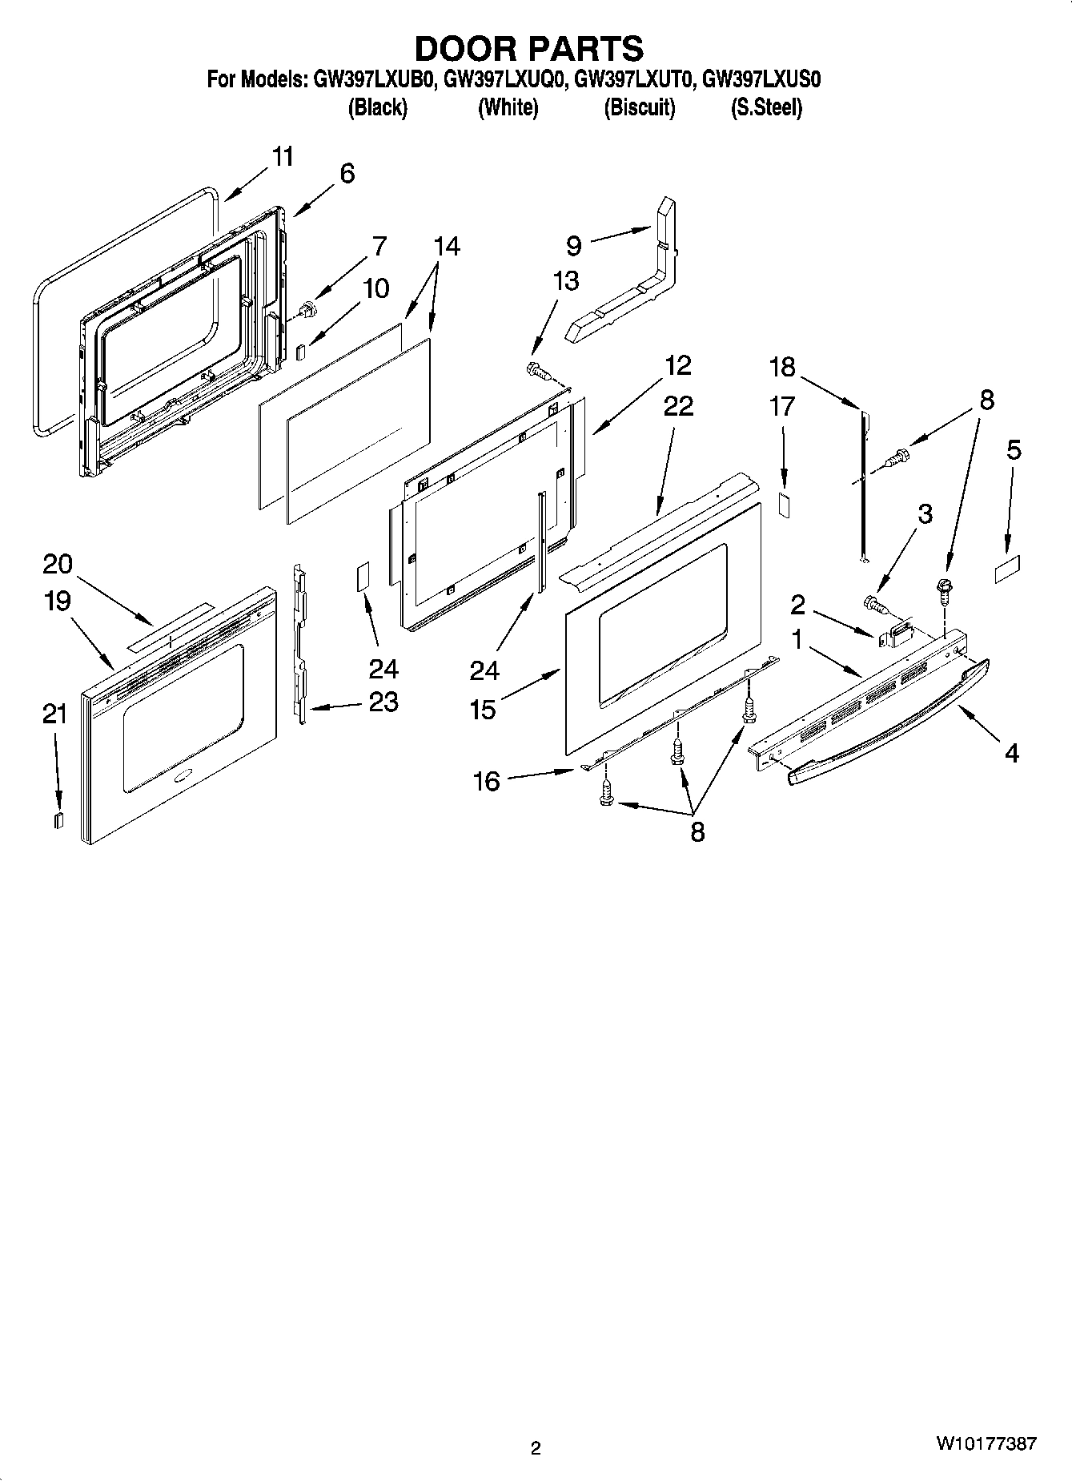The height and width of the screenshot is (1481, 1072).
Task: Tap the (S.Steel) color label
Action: click(765, 107)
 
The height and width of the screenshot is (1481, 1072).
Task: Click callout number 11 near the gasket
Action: click(282, 156)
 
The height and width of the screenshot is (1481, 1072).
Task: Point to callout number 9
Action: click(573, 243)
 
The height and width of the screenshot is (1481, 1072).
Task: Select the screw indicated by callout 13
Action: click(537, 370)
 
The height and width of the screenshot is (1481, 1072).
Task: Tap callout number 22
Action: click(678, 406)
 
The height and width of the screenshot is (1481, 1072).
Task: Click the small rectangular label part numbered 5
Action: click(1007, 573)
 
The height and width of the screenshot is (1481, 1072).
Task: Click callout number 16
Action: click(486, 780)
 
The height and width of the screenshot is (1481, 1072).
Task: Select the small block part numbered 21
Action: click(58, 819)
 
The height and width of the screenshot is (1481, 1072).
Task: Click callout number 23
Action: click(383, 702)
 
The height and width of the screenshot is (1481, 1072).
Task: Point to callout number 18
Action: click(782, 367)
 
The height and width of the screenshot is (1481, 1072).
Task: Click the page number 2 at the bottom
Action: click(536, 1447)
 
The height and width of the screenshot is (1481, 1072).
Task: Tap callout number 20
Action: click(58, 564)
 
